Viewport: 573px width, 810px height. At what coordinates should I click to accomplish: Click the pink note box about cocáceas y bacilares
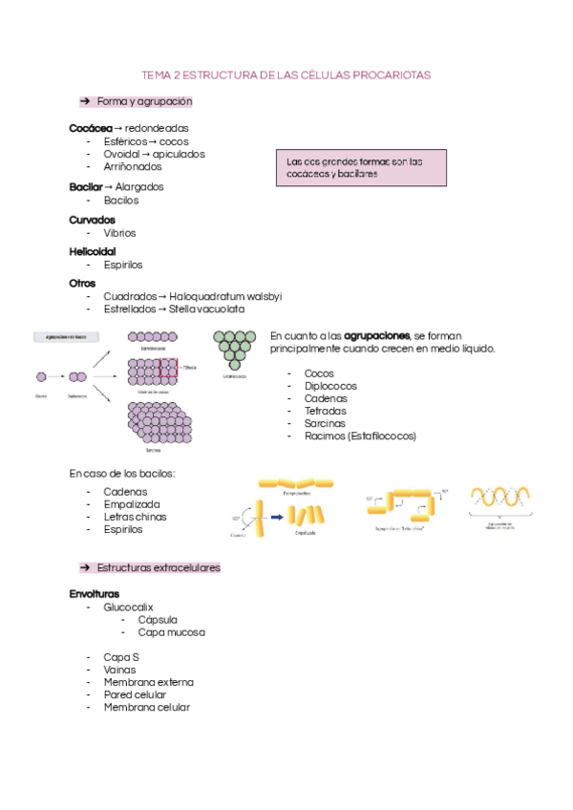tap(360, 168)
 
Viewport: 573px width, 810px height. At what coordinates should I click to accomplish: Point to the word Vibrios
tap(119, 232)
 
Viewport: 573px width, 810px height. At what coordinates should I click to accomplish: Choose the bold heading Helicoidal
tap(93, 251)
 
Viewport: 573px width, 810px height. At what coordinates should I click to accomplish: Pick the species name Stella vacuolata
tap(207, 309)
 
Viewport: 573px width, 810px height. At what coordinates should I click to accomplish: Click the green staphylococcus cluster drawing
tap(234, 350)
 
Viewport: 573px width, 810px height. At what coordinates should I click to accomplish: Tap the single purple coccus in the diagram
tap(41, 377)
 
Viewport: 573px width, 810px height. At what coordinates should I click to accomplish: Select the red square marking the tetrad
tap(169, 368)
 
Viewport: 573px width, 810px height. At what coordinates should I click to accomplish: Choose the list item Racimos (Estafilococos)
tap(360, 436)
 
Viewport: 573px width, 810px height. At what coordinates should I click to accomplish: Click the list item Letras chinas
tap(135, 517)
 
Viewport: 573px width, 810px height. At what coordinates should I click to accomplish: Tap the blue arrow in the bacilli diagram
tap(274, 517)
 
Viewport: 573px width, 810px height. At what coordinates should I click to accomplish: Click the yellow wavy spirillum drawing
tap(504, 499)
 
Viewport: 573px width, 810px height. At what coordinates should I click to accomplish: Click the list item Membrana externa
tap(148, 682)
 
